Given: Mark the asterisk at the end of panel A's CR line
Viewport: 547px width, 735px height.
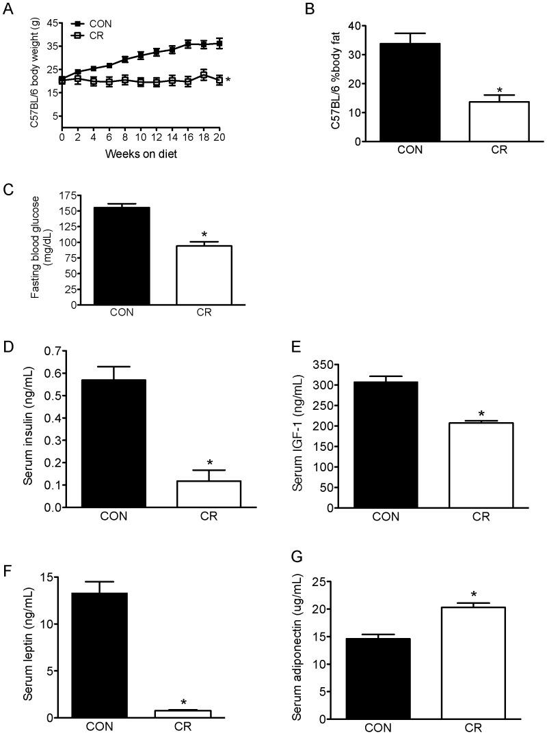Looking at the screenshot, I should (228, 81).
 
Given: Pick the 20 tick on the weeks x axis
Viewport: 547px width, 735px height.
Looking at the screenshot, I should (219, 137).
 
